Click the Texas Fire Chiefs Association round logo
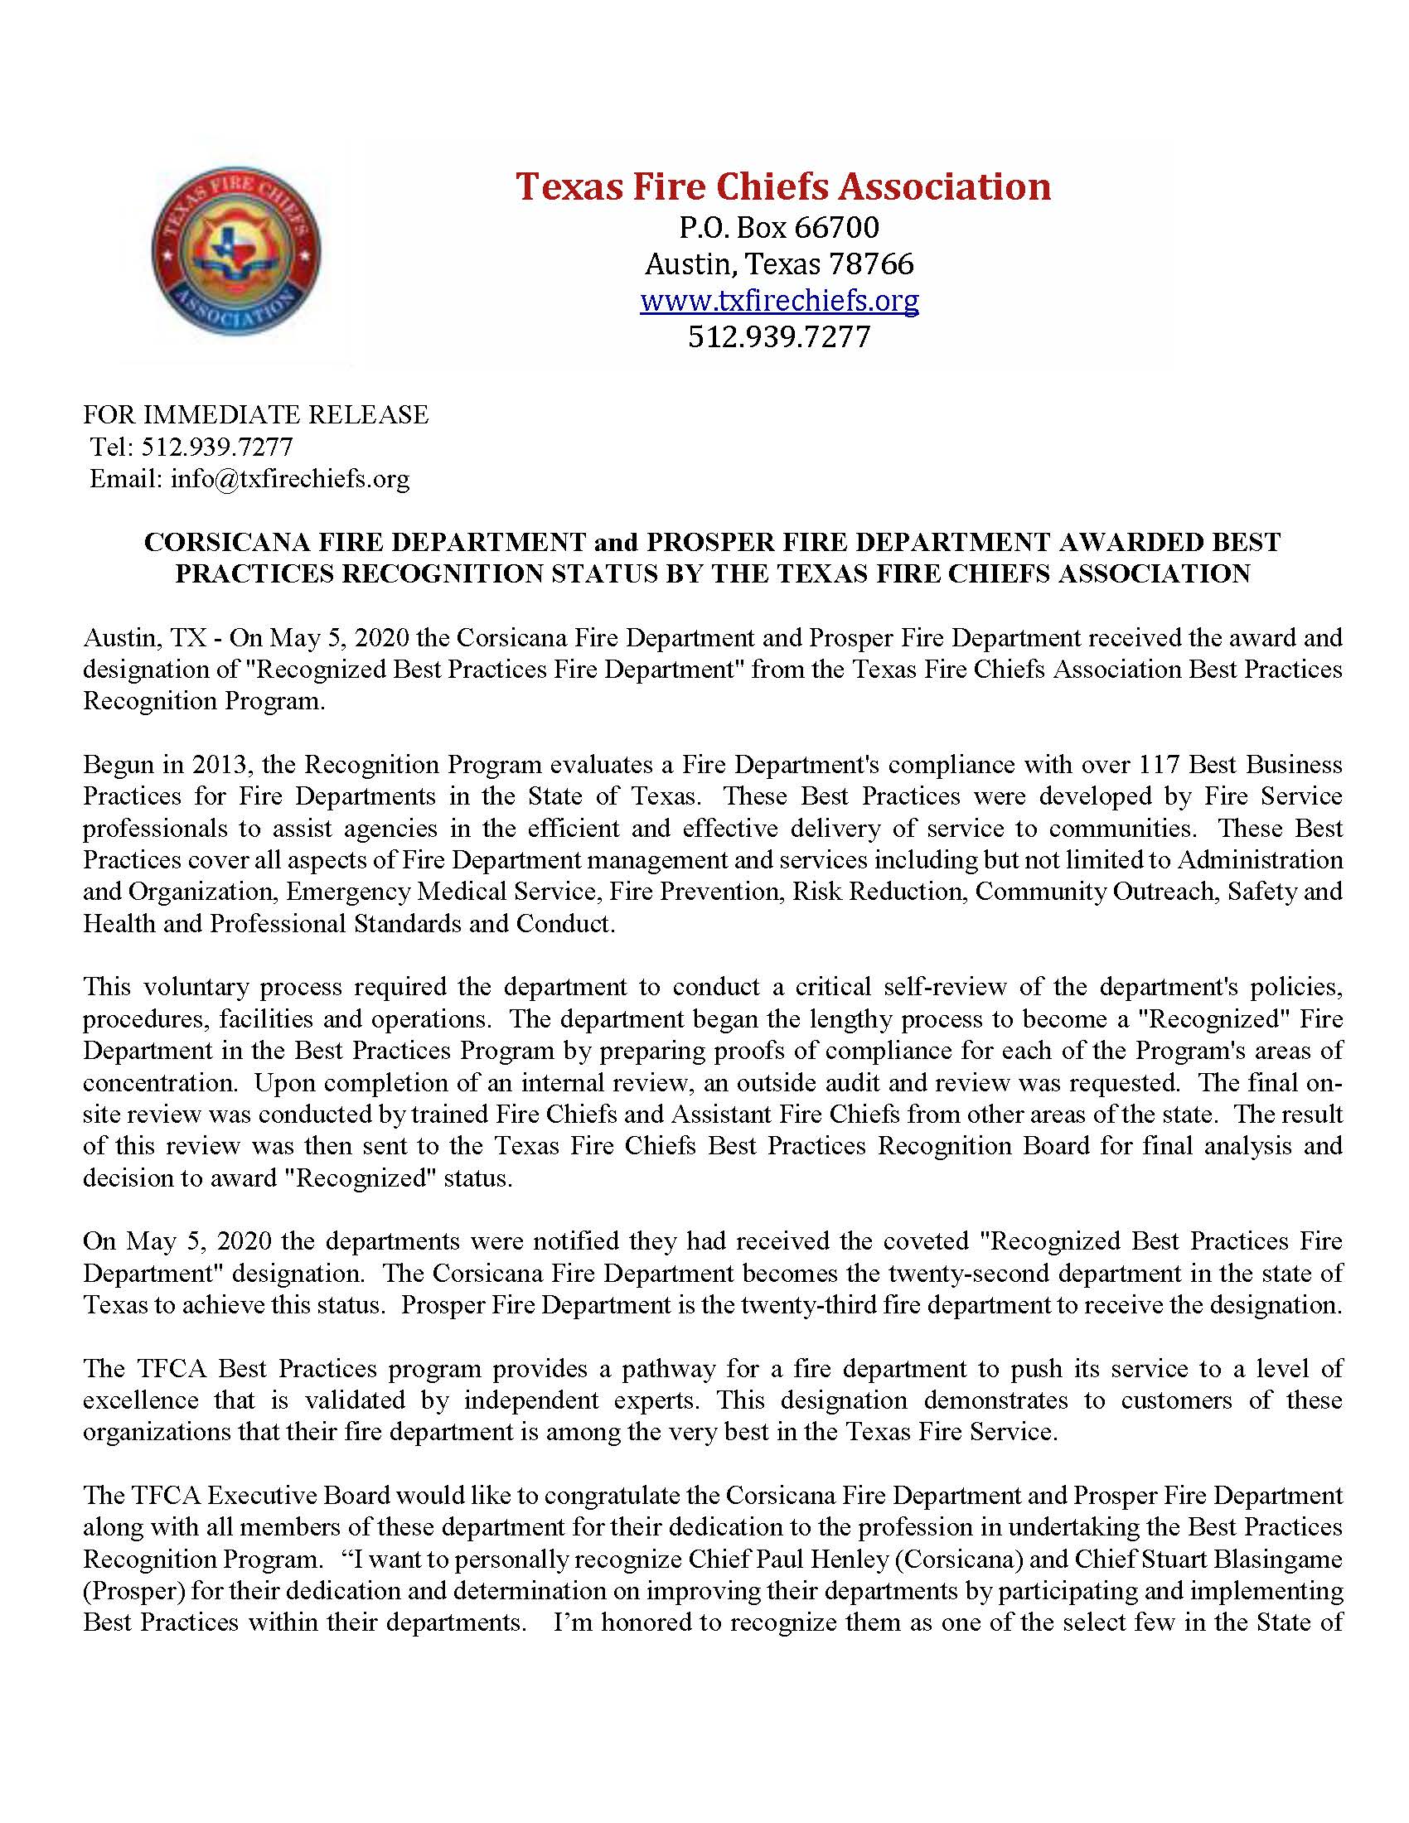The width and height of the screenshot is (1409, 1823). coord(236,251)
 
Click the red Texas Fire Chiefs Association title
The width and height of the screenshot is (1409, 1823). coord(782,186)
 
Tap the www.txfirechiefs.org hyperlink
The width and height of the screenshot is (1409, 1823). coord(779,301)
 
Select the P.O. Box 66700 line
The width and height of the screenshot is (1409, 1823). coord(779,227)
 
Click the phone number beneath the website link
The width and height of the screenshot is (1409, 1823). coord(779,336)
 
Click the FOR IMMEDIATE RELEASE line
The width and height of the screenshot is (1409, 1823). coord(255,415)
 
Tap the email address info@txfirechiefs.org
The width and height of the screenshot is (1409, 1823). coord(289,478)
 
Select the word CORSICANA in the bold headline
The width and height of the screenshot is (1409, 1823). coord(220,542)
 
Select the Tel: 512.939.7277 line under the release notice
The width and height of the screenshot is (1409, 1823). coord(191,447)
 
